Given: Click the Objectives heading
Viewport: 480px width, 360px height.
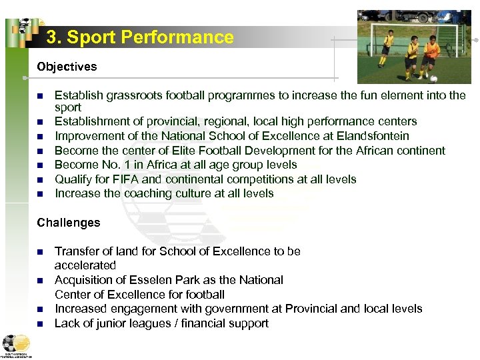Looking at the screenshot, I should click(x=67, y=67).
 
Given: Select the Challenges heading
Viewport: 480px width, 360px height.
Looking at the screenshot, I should click(x=69, y=223).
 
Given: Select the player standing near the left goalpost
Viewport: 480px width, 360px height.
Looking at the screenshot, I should click(x=387, y=49).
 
